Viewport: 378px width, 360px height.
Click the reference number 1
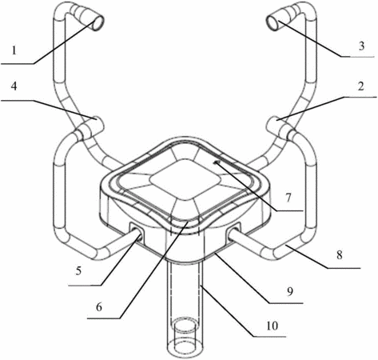(14, 50)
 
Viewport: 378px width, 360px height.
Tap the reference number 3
(361, 46)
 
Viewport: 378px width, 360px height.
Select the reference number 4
(14, 86)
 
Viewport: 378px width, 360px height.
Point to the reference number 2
(361, 86)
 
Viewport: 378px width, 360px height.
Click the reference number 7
(288, 198)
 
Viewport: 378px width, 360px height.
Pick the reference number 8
(339, 255)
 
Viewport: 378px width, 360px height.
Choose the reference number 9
(290, 291)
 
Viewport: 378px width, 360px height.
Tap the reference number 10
(272, 326)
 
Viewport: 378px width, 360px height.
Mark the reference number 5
(78, 271)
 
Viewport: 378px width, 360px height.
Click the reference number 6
(99, 307)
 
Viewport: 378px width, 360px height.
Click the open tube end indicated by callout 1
(98, 22)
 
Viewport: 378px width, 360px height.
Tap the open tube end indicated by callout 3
(273, 22)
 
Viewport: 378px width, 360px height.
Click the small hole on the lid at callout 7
(217, 162)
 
